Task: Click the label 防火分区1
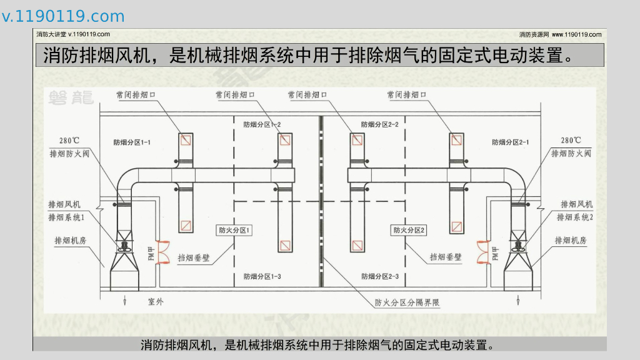click(234, 231)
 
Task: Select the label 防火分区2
click(409, 231)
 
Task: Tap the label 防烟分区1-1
click(132, 142)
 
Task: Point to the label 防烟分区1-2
click(262, 124)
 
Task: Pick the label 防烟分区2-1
click(511, 142)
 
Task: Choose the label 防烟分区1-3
click(262, 276)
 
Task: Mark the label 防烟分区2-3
click(380, 276)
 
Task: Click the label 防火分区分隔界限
click(407, 303)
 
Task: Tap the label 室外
click(156, 302)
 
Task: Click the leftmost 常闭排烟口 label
click(135, 96)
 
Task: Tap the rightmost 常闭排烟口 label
click(406, 96)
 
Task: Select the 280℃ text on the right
click(570, 141)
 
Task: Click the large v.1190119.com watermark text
click(63, 17)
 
